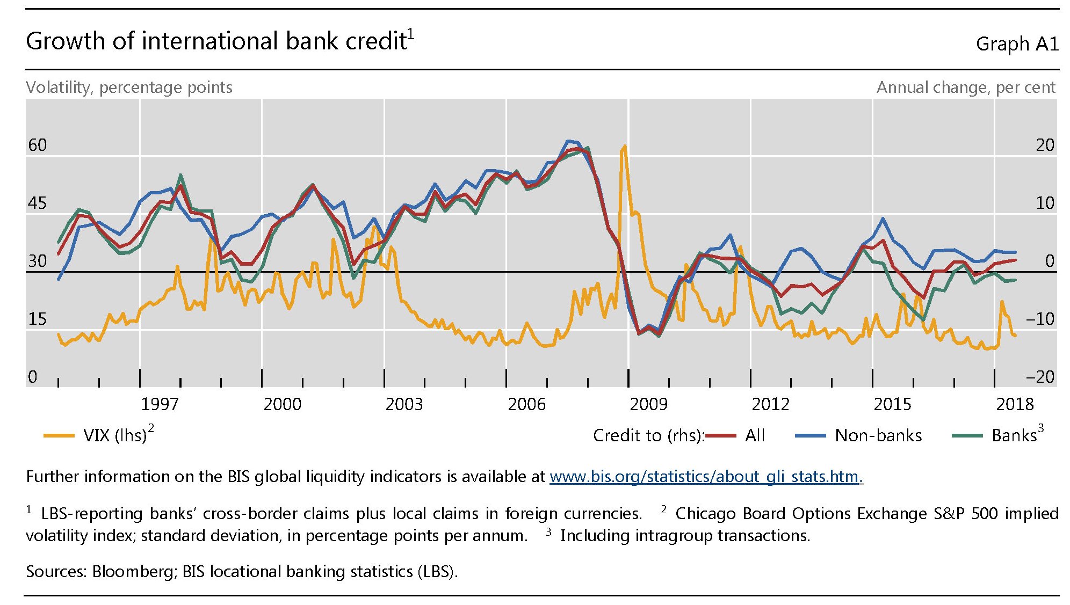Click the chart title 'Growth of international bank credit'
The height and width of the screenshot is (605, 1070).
click(x=216, y=41)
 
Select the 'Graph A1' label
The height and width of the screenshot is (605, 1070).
click(x=1016, y=44)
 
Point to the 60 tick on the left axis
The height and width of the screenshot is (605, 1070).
click(x=37, y=145)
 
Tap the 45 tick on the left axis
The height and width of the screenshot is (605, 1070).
click(x=37, y=203)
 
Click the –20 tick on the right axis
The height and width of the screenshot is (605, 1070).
click(x=1040, y=377)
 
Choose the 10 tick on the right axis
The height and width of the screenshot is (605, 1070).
click(x=1045, y=203)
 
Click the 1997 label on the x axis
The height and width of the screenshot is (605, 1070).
click(x=160, y=404)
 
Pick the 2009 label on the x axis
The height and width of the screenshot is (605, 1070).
click(x=648, y=404)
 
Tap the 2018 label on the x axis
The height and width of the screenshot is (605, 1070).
click(x=1015, y=404)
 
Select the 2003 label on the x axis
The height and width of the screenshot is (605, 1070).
click(x=404, y=404)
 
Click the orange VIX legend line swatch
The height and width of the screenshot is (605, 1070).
click(x=59, y=435)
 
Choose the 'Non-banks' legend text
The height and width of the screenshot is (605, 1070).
click(x=878, y=435)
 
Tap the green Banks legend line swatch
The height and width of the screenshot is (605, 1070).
click(x=967, y=435)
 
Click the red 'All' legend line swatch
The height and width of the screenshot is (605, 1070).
click(x=721, y=435)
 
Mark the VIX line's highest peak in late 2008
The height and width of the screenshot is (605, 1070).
click(x=624, y=146)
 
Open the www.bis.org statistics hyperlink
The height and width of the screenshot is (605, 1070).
click(x=705, y=477)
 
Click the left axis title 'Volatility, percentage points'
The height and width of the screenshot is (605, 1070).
click(x=129, y=88)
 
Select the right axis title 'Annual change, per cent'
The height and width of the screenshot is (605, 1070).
click(x=966, y=88)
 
